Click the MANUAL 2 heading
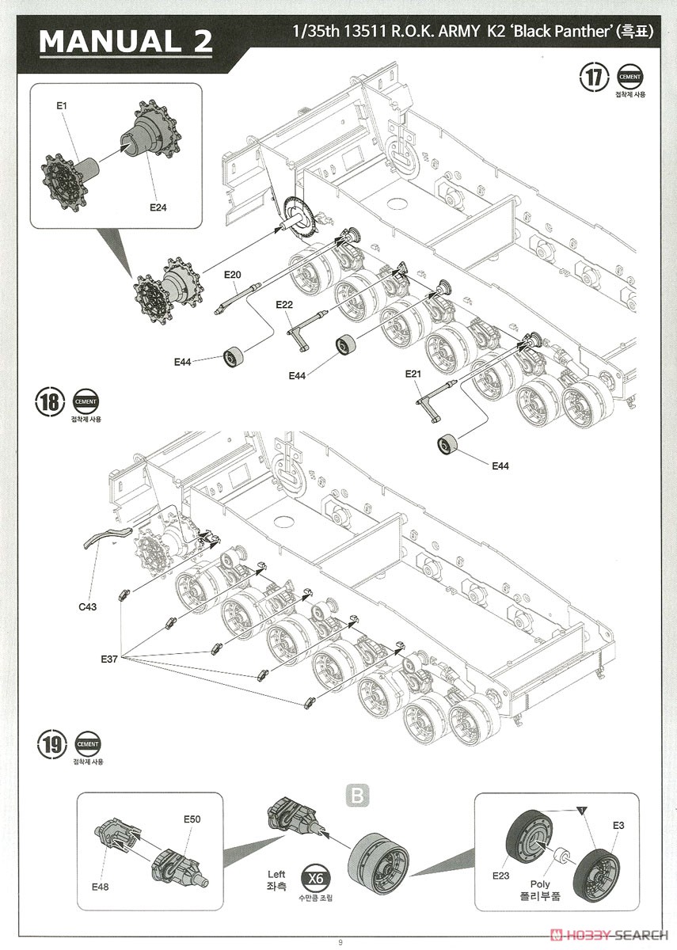pos(126,41)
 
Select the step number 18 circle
pos(48,401)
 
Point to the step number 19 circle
pos(51,745)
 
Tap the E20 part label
pos(232,275)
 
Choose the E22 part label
pos(284,305)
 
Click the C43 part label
pos(88,607)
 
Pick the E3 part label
pos(618,825)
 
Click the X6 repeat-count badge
pos(314,879)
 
